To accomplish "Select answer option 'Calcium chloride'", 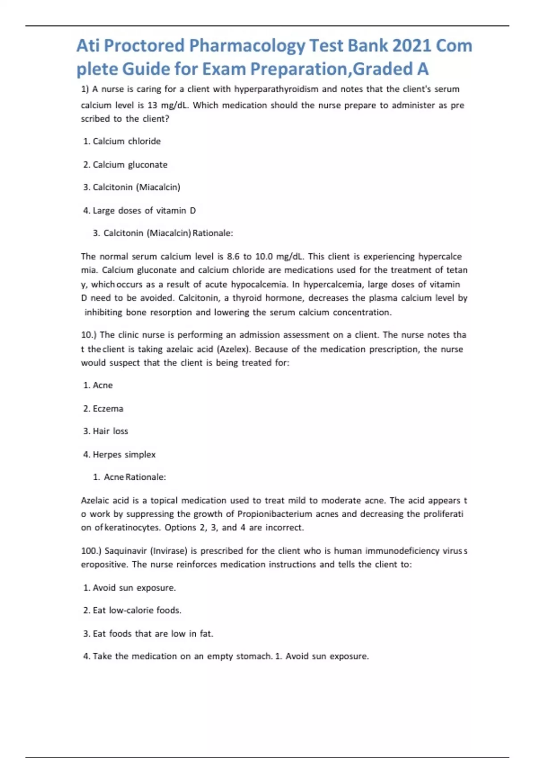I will (127, 141).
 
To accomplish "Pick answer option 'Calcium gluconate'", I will (130, 165).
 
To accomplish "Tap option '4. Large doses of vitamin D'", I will (140, 210).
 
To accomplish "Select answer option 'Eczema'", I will (108, 408).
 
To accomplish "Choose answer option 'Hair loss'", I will (110, 431).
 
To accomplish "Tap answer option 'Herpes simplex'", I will (124, 454).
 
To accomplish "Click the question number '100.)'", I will (91, 551).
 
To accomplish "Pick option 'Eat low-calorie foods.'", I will (136, 610).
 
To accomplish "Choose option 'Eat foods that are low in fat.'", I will (152, 634).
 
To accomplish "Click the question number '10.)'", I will (89, 335).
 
